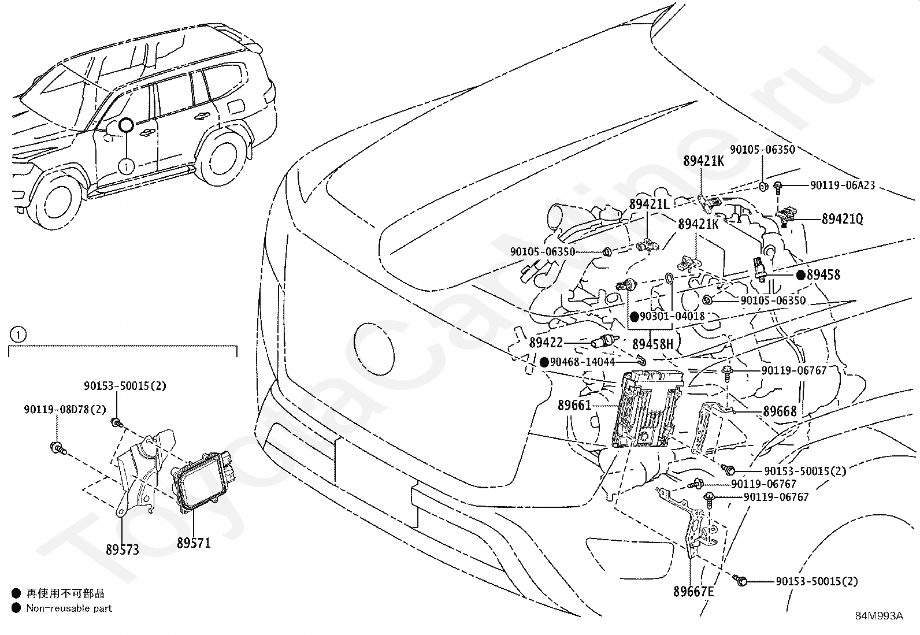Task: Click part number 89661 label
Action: tap(574, 406)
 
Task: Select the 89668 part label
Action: tap(780, 411)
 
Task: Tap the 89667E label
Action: tap(693, 592)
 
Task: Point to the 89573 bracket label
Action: tap(123, 549)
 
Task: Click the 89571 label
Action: tap(194, 543)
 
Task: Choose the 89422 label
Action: tap(546, 343)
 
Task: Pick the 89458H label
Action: tap(652, 345)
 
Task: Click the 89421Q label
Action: tap(842, 219)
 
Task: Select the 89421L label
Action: tap(649, 205)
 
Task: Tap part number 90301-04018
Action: tap(672, 317)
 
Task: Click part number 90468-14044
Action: tap(583, 362)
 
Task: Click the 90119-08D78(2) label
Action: tap(65, 409)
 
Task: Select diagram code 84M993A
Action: tap(879, 616)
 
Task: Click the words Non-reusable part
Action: tap(69, 608)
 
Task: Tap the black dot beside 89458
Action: tap(801, 276)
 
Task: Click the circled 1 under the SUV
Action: tap(127, 166)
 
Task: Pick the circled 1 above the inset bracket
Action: tap(18, 335)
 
